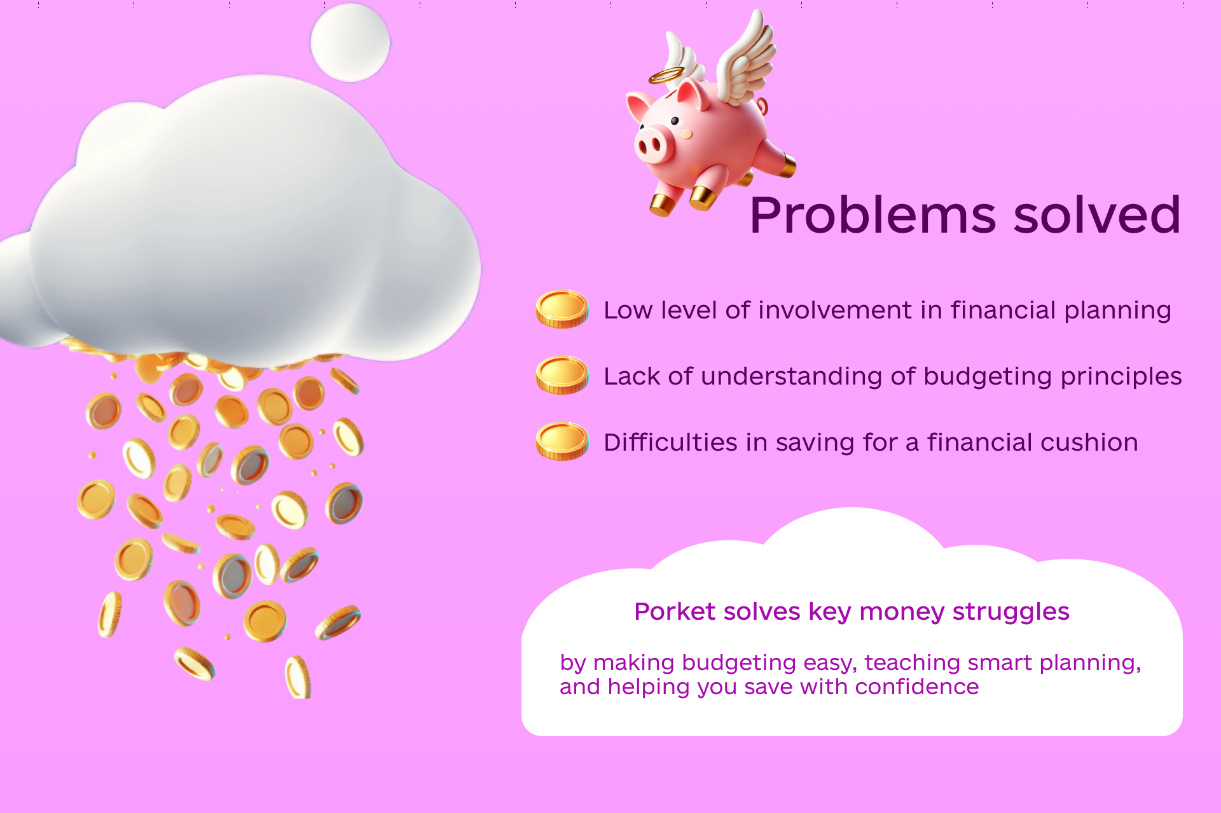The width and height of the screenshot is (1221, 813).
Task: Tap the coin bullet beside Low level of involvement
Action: tap(562, 309)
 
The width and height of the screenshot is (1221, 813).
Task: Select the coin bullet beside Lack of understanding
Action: tap(562, 375)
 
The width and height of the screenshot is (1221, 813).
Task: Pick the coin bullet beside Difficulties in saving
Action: tap(562, 441)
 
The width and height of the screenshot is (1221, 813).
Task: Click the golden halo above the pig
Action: tap(666, 75)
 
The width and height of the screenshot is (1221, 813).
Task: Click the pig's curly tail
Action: tap(762, 106)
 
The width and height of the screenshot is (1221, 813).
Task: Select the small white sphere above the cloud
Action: tap(350, 43)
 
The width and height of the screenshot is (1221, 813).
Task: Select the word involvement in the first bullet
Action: tap(835, 310)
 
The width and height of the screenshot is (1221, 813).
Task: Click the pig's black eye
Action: tap(675, 121)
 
